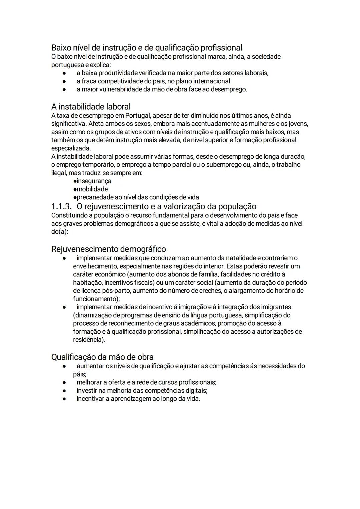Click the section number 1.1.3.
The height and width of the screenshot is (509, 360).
pos(61,206)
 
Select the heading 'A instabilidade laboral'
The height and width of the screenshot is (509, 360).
pos(91,107)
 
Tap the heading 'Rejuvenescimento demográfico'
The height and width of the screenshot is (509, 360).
pos(108,249)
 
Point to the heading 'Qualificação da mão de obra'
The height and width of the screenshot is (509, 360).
pos(102,357)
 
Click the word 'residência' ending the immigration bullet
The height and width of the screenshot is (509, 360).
pos(88,340)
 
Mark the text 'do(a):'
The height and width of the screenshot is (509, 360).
pos(60,232)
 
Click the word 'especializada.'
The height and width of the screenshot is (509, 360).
pos(71,148)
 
